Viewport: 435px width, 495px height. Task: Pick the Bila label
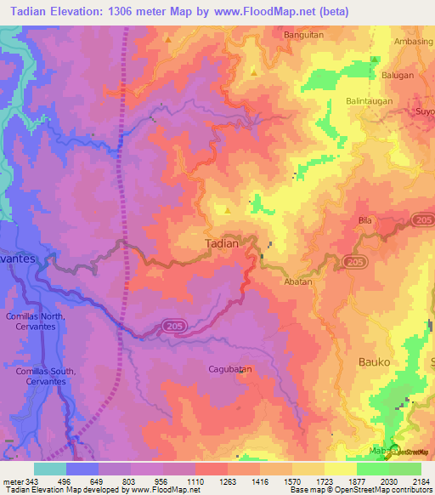point(366,219)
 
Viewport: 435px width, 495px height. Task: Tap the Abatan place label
point(298,282)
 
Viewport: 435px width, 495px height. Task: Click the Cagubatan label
point(231,369)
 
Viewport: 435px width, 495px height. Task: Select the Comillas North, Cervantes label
point(48,321)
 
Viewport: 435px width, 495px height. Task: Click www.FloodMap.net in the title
point(271,12)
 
